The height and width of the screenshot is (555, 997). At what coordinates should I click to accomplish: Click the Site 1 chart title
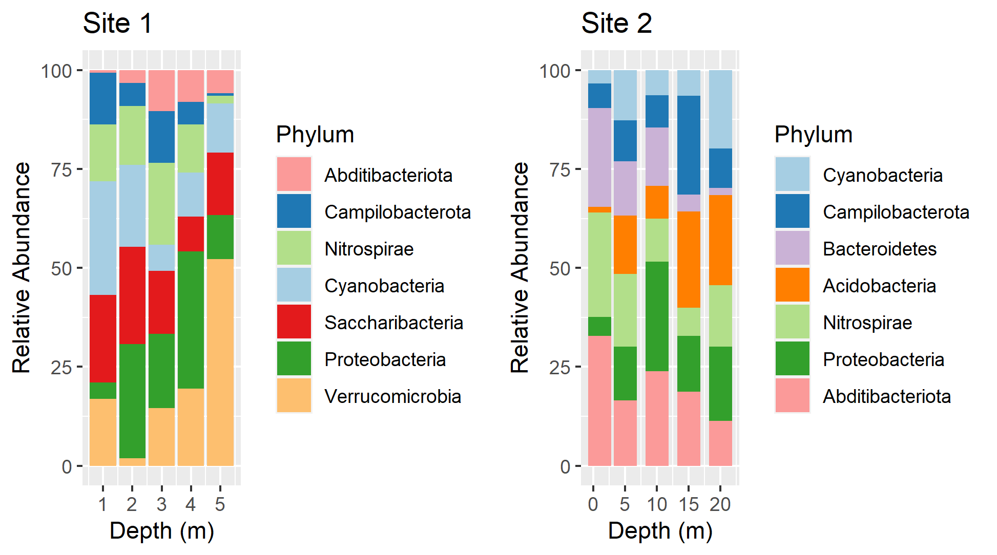coord(117,24)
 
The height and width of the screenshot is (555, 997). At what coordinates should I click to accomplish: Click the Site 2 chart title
coord(616,24)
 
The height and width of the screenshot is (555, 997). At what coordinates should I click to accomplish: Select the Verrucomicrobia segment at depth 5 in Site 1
coord(220,362)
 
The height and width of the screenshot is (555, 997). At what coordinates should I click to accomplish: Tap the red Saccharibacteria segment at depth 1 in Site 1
coord(103,338)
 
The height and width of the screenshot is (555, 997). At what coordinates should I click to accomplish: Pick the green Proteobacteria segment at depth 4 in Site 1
coord(191,319)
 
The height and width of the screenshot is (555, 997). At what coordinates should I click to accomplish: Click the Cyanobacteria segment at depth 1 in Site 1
coord(103,238)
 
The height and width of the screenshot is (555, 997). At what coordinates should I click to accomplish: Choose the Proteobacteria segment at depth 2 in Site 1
coord(132,400)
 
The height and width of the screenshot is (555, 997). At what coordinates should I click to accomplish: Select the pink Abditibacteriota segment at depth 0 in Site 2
coord(599,400)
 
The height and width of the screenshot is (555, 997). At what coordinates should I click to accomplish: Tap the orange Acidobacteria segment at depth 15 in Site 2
coord(689,259)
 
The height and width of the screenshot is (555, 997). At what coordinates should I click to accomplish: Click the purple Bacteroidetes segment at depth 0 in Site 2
coord(599,157)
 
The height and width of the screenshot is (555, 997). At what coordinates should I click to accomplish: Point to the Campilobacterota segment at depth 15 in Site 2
coord(689,145)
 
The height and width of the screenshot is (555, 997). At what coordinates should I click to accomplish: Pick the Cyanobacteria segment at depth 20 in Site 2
coord(720,109)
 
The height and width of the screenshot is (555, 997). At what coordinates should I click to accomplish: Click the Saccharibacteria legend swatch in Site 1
coord(294,322)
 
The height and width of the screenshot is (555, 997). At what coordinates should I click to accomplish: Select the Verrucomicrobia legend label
coord(392,396)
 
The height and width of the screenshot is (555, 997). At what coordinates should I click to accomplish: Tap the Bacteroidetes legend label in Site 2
coord(879,249)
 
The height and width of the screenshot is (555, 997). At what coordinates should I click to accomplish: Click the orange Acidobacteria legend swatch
coord(792,285)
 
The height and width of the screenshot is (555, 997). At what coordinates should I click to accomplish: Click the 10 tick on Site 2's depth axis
coord(657,504)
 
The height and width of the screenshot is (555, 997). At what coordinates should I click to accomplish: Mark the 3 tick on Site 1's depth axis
coord(161,504)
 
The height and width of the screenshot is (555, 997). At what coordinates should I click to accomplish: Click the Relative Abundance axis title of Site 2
coord(520,267)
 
